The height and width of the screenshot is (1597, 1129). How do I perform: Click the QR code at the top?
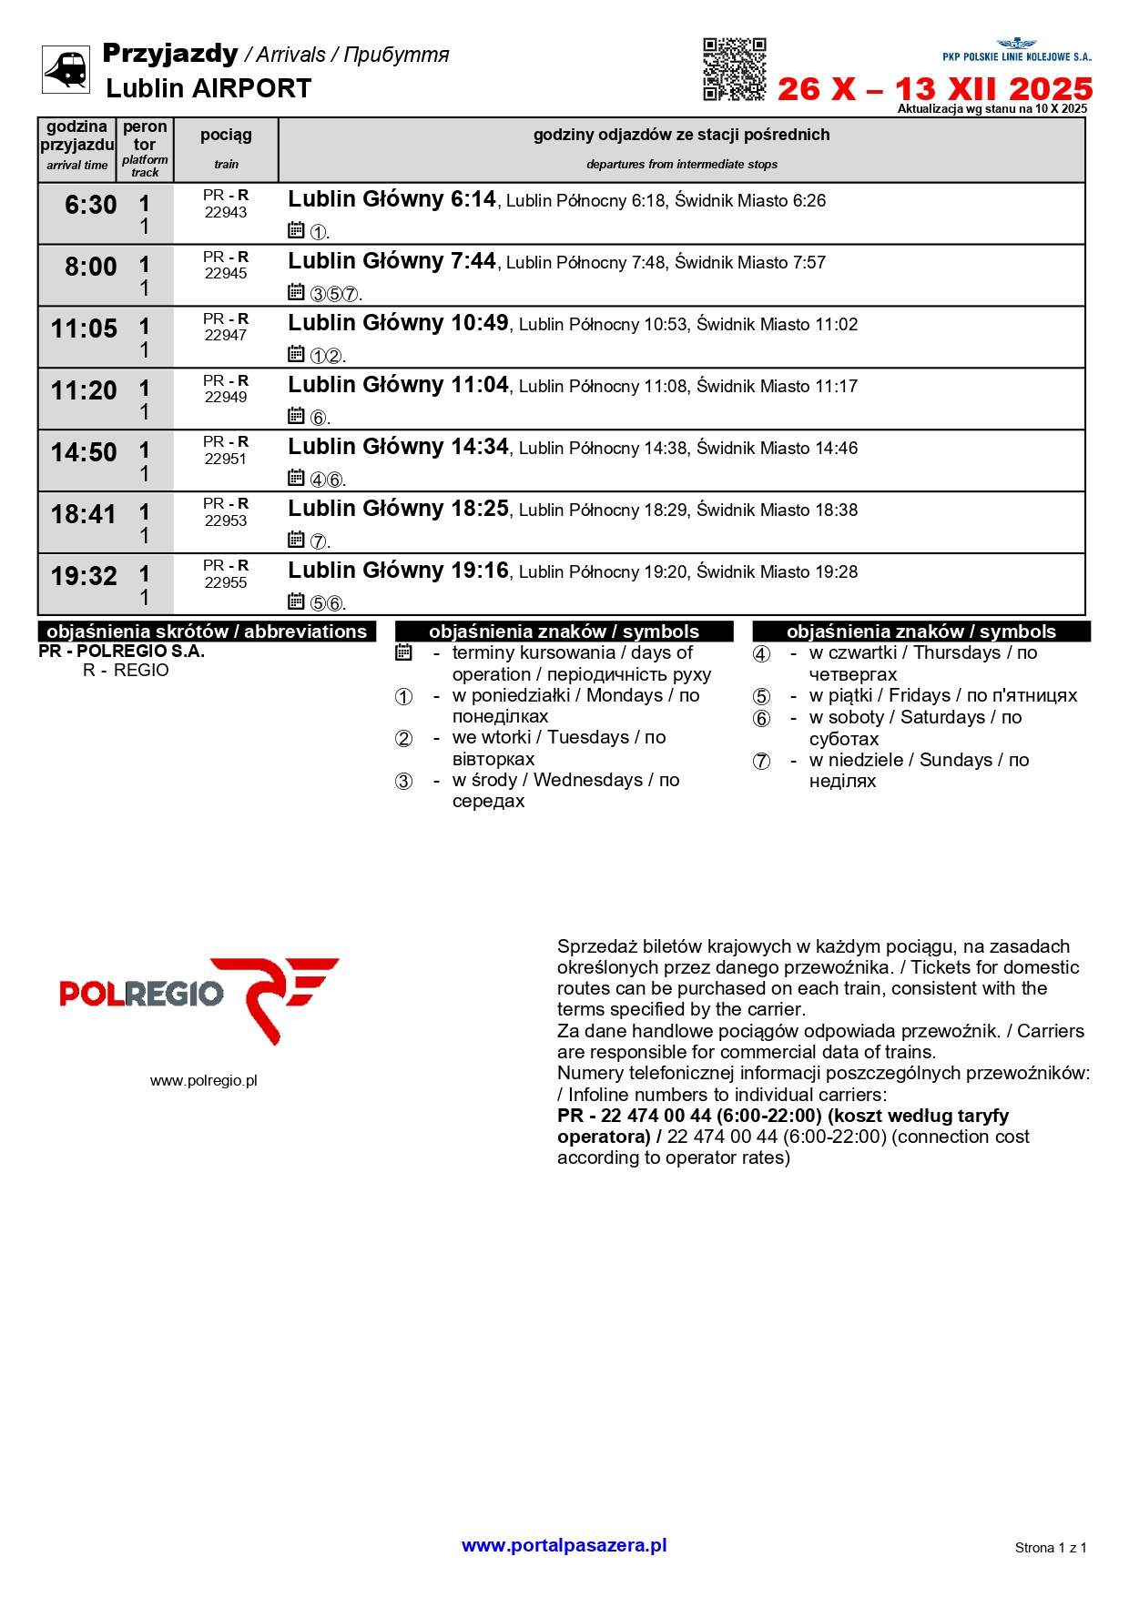pos(734,69)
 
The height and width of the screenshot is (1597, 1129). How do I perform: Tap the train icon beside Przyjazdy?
pos(66,69)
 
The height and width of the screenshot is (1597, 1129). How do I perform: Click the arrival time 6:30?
pos(90,206)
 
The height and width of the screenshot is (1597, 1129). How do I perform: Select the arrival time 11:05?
pos(84,329)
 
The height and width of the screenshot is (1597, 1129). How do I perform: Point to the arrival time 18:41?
pos(84,515)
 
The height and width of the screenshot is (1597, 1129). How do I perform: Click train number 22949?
pos(226,398)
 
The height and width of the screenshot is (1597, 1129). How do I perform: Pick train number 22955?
pos(226,583)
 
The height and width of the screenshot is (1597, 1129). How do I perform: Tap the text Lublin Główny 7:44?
pos(392,262)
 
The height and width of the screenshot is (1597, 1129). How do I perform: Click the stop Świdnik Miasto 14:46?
pos(777,449)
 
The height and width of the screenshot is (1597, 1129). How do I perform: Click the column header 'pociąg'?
pos(226,136)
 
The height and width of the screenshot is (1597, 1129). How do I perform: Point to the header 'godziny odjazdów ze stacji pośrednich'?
pos(681,136)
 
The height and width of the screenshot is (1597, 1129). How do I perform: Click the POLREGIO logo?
pos(198,998)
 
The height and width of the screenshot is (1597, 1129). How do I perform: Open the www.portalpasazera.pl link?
pos(564,1545)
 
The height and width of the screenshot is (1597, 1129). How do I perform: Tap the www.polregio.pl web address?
pos(203,1081)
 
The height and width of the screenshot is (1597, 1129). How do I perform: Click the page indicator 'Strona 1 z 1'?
pos(1050,1548)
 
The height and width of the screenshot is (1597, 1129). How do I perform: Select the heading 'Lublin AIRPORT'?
pos(209,89)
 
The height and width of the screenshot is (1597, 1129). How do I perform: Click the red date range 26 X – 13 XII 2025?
pos(934,89)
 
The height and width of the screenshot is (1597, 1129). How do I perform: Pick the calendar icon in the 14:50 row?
pos(296,478)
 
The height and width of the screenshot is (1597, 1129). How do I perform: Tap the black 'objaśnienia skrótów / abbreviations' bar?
pos(207,632)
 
